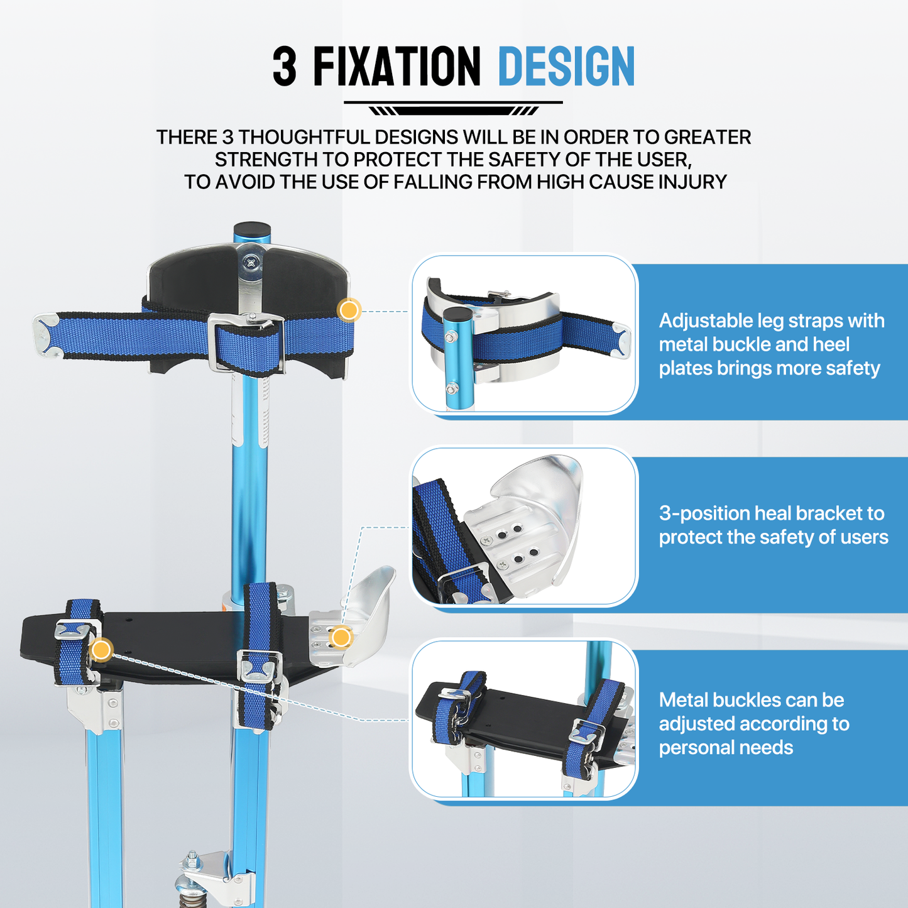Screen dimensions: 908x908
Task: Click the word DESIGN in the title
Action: (x=566, y=67)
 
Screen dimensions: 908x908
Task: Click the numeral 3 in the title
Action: (x=285, y=67)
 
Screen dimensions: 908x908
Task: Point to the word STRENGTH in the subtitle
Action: (x=266, y=160)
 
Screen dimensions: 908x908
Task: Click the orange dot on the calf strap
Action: (x=349, y=310)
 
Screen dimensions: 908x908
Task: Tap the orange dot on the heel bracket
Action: (x=341, y=638)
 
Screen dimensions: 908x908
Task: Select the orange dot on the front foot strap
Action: (x=101, y=650)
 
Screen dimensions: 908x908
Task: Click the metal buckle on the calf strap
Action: (x=246, y=342)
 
